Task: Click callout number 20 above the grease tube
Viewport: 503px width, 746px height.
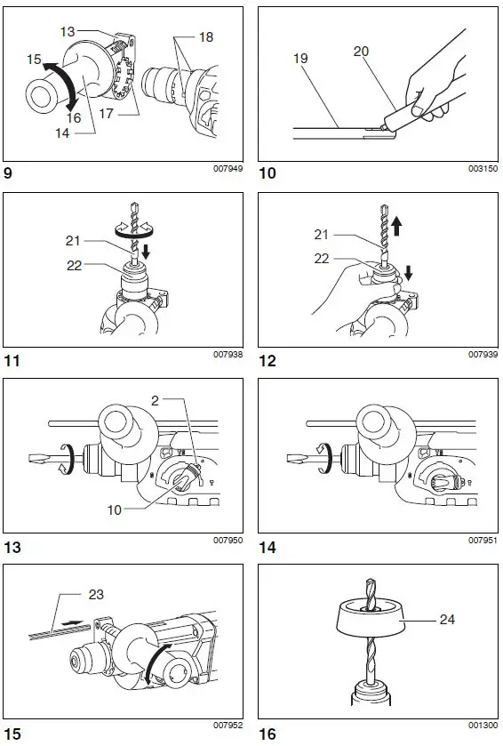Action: tap(362, 51)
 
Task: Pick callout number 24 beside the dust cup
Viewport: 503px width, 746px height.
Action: tap(447, 619)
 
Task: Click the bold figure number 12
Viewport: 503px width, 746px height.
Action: tap(267, 361)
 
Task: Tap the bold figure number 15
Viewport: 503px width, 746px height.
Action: tap(14, 734)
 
